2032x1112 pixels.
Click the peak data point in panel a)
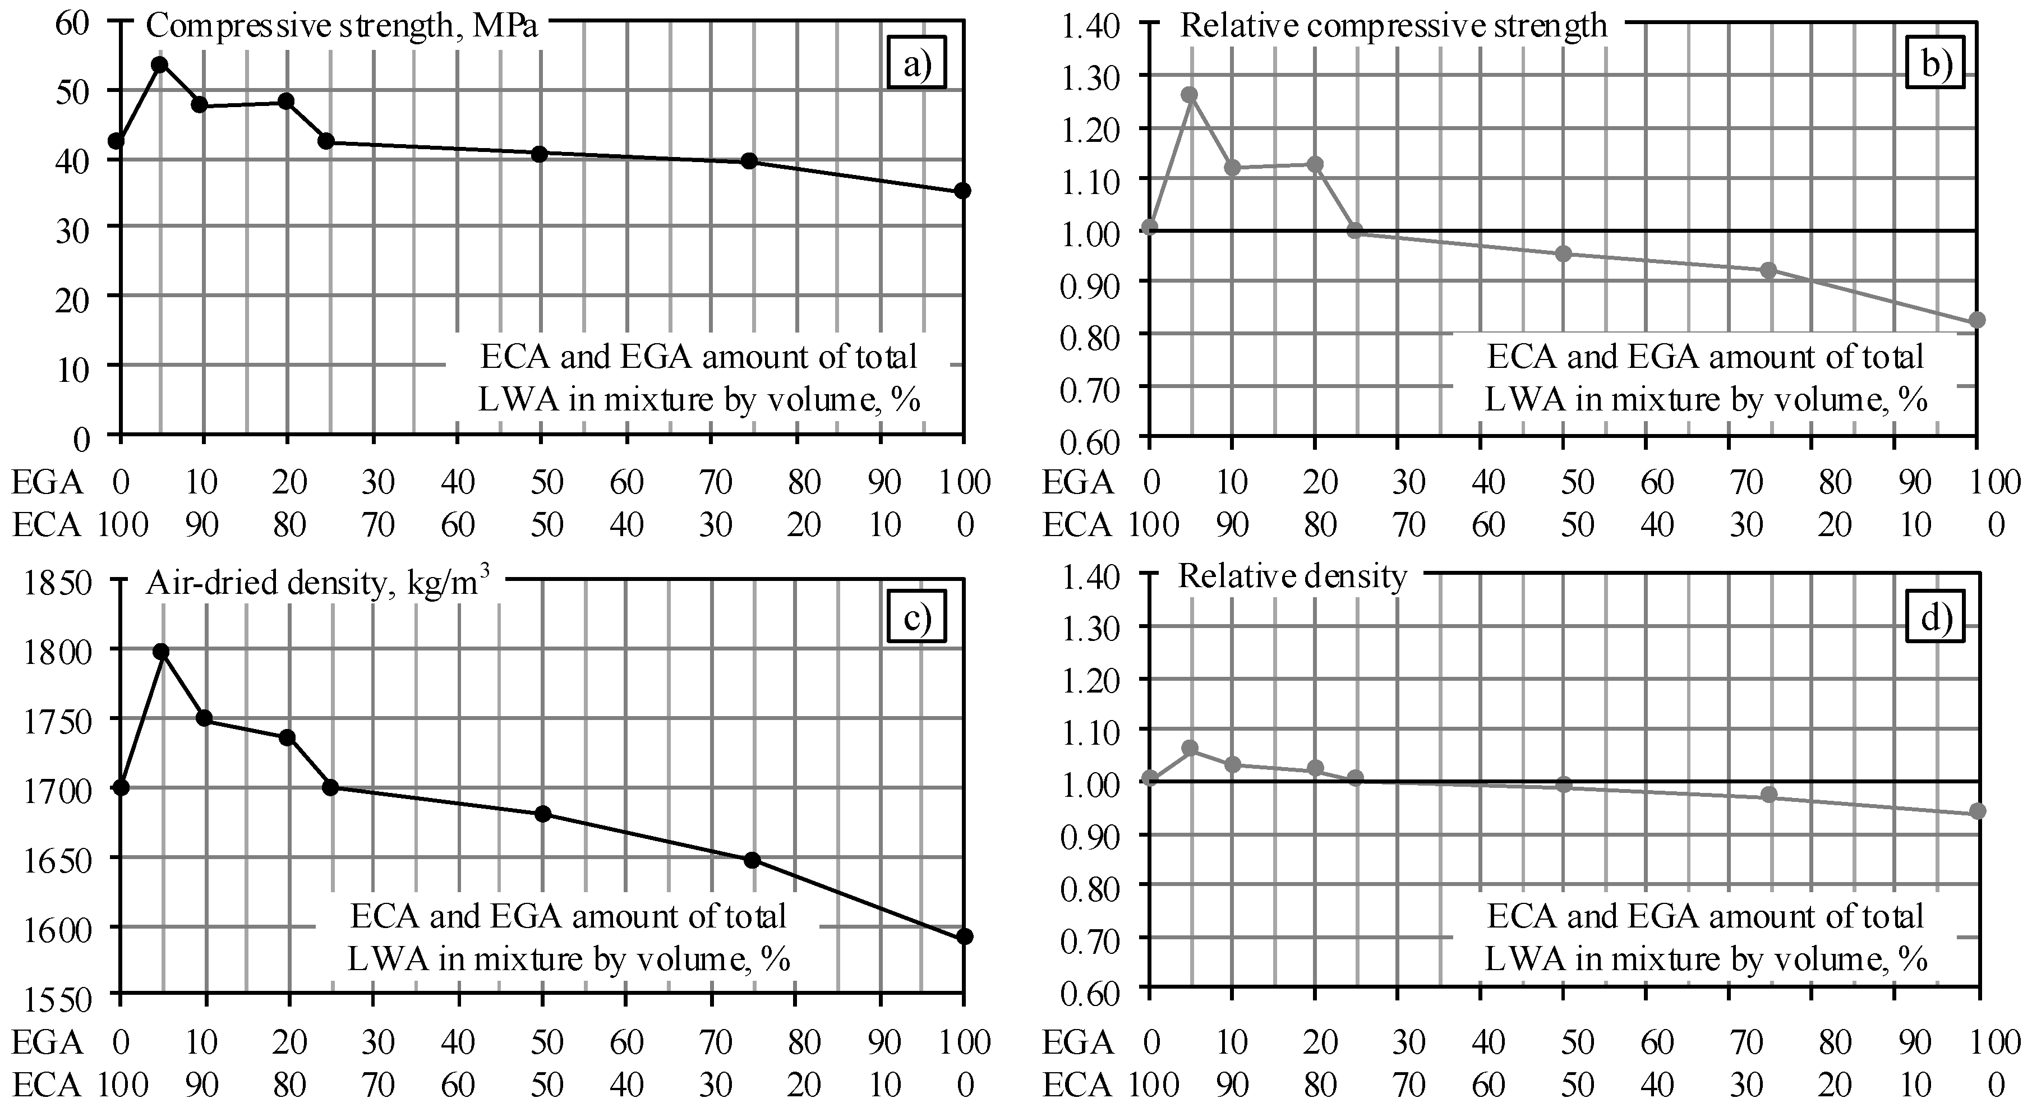tap(160, 64)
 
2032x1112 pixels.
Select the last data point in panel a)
tap(962, 191)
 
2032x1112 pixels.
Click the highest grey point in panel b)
tap(1190, 95)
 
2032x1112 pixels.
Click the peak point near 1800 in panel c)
tap(161, 652)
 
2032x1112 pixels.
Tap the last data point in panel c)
tap(964, 936)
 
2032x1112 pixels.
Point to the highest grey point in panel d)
tap(1190, 748)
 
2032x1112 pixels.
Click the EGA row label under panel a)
tap(47, 482)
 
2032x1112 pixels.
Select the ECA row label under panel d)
tap(1077, 1085)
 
